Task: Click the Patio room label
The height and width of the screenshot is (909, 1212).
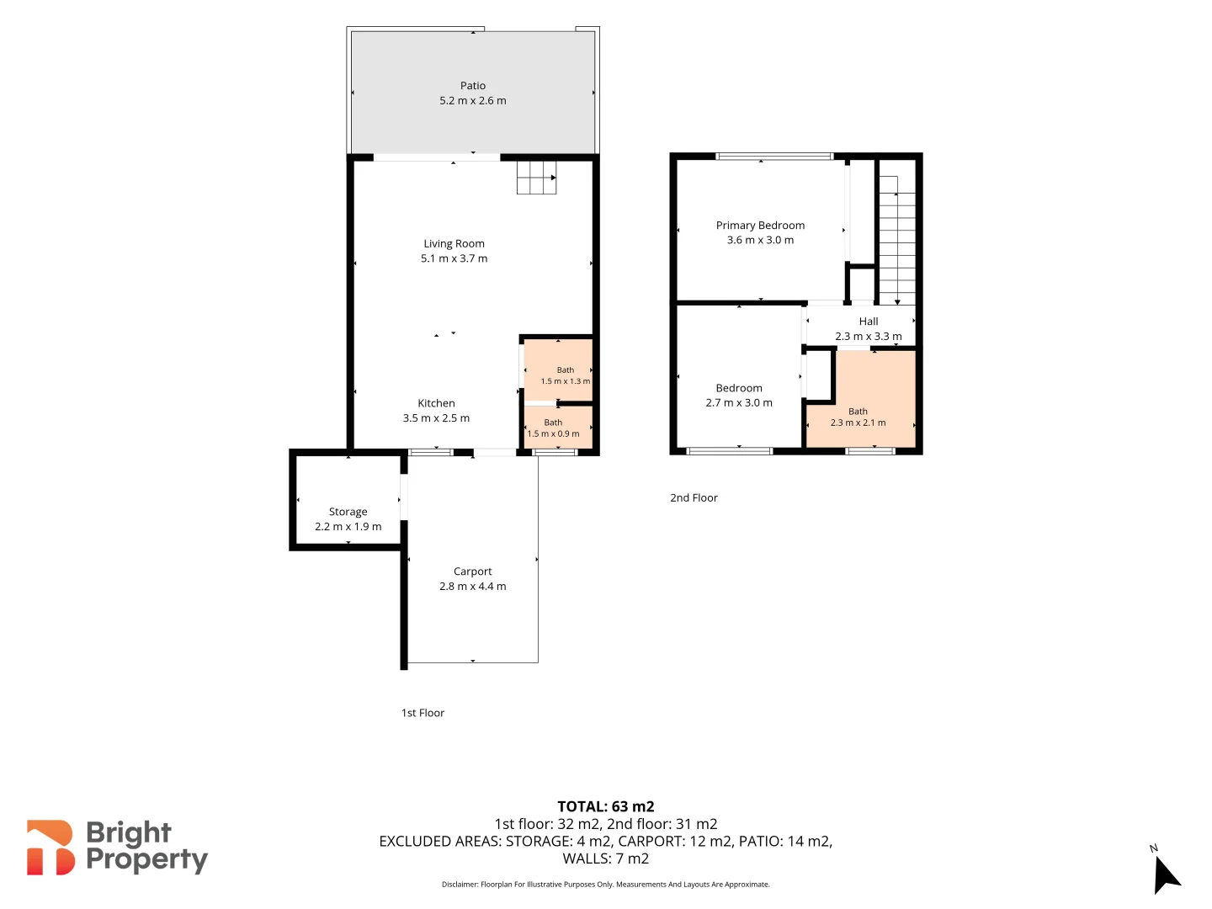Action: click(x=473, y=86)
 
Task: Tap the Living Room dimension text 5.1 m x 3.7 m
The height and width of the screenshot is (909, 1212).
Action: click(x=454, y=258)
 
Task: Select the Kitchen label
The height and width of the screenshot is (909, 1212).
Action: click(x=436, y=403)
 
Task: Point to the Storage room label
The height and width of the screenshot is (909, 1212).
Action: click(x=348, y=512)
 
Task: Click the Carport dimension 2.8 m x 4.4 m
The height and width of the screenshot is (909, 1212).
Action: click(x=473, y=586)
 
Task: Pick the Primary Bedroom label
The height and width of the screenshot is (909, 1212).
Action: click(x=760, y=226)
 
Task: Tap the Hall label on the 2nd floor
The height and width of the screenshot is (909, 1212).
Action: click(x=869, y=322)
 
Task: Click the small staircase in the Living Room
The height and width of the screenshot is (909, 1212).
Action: click(x=536, y=178)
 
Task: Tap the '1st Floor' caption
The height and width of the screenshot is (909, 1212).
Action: click(x=423, y=713)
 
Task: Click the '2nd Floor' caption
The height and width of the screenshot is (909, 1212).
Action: click(x=694, y=497)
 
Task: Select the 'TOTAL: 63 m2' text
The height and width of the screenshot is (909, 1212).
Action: click(x=606, y=806)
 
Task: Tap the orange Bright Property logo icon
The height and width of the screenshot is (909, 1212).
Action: click(x=50, y=848)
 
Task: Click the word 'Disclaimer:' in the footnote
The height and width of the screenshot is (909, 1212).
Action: click(x=460, y=884)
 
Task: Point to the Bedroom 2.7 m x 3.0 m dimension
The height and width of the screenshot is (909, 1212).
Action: click(x=739, y=403)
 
